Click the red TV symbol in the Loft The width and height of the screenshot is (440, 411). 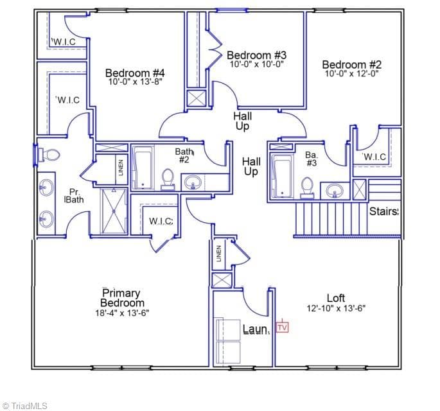(x=282, y=327)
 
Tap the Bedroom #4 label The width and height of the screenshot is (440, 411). (x=135, y=73)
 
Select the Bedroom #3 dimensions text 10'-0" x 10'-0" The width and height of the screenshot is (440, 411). (x=257, y=64)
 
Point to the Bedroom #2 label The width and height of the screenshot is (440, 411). (x=351, y=64)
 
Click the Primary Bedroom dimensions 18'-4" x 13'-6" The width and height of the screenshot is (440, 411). (x=122, y=313)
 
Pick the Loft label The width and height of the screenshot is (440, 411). (x=336, y=298)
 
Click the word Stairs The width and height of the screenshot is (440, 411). (x=384, y=211)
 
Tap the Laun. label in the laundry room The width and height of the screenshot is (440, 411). (x=256, y=329)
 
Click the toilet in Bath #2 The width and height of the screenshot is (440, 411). (x=168, y=180)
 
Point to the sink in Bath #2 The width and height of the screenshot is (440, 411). (x=193, y=182)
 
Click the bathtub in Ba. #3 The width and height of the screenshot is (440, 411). (x=282, y=177)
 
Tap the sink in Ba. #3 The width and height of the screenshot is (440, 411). (x=335, y=191)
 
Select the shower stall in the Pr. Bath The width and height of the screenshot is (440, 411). (x=114, y=211)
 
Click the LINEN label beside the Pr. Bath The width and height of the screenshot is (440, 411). (x=121, y=168)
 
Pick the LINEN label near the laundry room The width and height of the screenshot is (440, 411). (x=219, y=254)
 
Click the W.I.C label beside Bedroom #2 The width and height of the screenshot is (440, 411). (x=374, y=157)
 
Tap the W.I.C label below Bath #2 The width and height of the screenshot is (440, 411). (x=161, y=222)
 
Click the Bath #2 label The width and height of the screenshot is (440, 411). (x=184, y=155)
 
